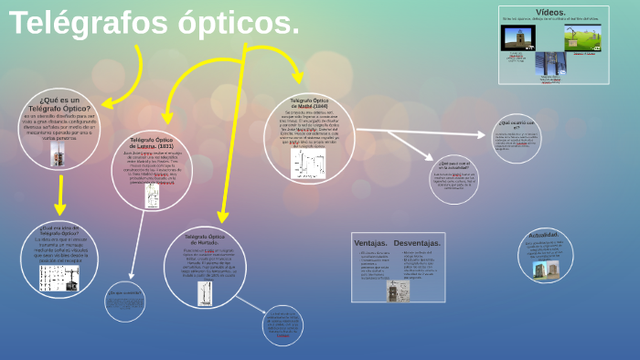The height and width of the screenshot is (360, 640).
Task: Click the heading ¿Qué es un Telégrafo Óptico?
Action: pos(59,103)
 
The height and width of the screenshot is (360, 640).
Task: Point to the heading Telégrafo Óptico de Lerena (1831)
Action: pos(152,143)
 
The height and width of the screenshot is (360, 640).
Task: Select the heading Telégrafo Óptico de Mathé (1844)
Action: pos(309,101)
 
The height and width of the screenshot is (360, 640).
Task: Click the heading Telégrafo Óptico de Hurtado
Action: pos(205,238)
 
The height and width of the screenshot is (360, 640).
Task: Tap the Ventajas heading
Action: pos(370,243)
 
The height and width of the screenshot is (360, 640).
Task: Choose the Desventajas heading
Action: pos(417,243)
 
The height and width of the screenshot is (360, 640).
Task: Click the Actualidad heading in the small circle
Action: pos(543,235)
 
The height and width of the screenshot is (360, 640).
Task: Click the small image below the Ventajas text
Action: pos(398,291)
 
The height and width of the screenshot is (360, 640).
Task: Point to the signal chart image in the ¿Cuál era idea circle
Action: pos(60,278)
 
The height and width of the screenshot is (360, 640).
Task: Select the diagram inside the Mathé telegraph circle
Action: pos(308,163)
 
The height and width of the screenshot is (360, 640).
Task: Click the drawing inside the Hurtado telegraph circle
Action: pos(205,292)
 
